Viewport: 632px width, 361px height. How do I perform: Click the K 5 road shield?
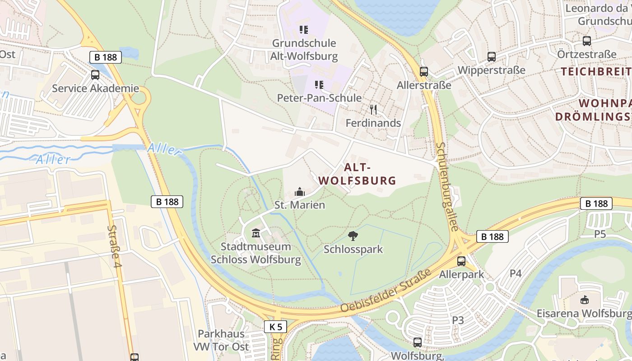pos(275,326)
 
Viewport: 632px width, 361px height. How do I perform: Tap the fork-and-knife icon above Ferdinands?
pos(373,110)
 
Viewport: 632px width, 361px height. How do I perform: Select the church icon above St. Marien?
pos(299,192)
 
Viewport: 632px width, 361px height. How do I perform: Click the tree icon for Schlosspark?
pos(353,236)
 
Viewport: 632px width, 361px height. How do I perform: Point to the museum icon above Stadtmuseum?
pos(256,233)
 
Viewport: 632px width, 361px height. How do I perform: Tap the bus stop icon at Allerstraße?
pos(423,71)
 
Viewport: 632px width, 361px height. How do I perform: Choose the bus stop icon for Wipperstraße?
pos(492,57)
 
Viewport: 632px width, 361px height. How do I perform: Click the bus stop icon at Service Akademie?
pos(95,75)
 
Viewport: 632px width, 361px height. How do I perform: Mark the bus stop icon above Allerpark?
pos(461,261)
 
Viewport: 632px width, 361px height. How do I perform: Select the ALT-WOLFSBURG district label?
pos(358,174)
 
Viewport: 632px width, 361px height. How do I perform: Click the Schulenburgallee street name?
pos(447,187)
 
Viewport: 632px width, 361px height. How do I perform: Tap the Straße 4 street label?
pos(115,246)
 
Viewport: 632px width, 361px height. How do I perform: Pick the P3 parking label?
pos(458,320)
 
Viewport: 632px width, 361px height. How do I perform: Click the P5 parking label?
pos(599,234)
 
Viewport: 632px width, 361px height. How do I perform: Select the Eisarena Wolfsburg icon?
pos(584,300)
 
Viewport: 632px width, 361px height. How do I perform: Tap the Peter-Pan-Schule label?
pos(319,98)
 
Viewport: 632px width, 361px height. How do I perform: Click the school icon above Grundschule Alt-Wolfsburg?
pos(304,30)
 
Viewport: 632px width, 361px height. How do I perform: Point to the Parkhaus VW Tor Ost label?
pos(221,340)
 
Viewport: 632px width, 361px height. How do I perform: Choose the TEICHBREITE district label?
pos(596,71)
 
